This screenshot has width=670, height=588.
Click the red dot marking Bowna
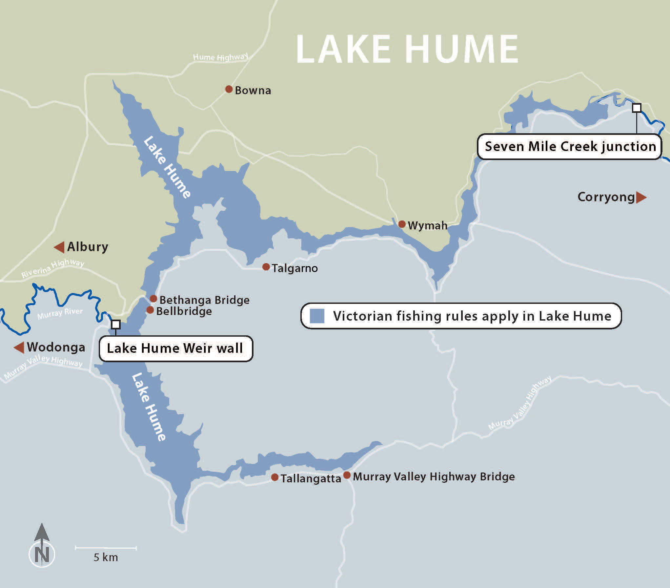tap(229, 89)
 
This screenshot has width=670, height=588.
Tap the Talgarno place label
tap(294, 268)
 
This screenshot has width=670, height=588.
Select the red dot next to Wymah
tap(402, 224)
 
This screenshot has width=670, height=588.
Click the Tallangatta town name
tap(311, 478)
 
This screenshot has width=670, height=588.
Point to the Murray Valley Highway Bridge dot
tap(347, 475)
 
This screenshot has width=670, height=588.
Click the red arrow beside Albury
tap(59, 247)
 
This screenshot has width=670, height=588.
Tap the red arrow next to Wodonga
tap(19, 347)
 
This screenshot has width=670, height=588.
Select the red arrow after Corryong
tap(641, 197)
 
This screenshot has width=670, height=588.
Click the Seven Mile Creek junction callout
tap(570, 147)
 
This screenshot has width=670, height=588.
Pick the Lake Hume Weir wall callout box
tap(175, 348)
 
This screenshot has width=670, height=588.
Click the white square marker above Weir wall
tap(116, 325)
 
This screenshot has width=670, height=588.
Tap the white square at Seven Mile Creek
tap(637, 108)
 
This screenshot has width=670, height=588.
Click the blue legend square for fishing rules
tap(317, 316)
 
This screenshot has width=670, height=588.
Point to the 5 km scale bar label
tap(106, 557)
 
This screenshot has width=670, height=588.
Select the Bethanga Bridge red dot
tap(153, 299)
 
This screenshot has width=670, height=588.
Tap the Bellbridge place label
tap(184, 311)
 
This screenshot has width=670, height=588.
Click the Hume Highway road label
tap(220, 57)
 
